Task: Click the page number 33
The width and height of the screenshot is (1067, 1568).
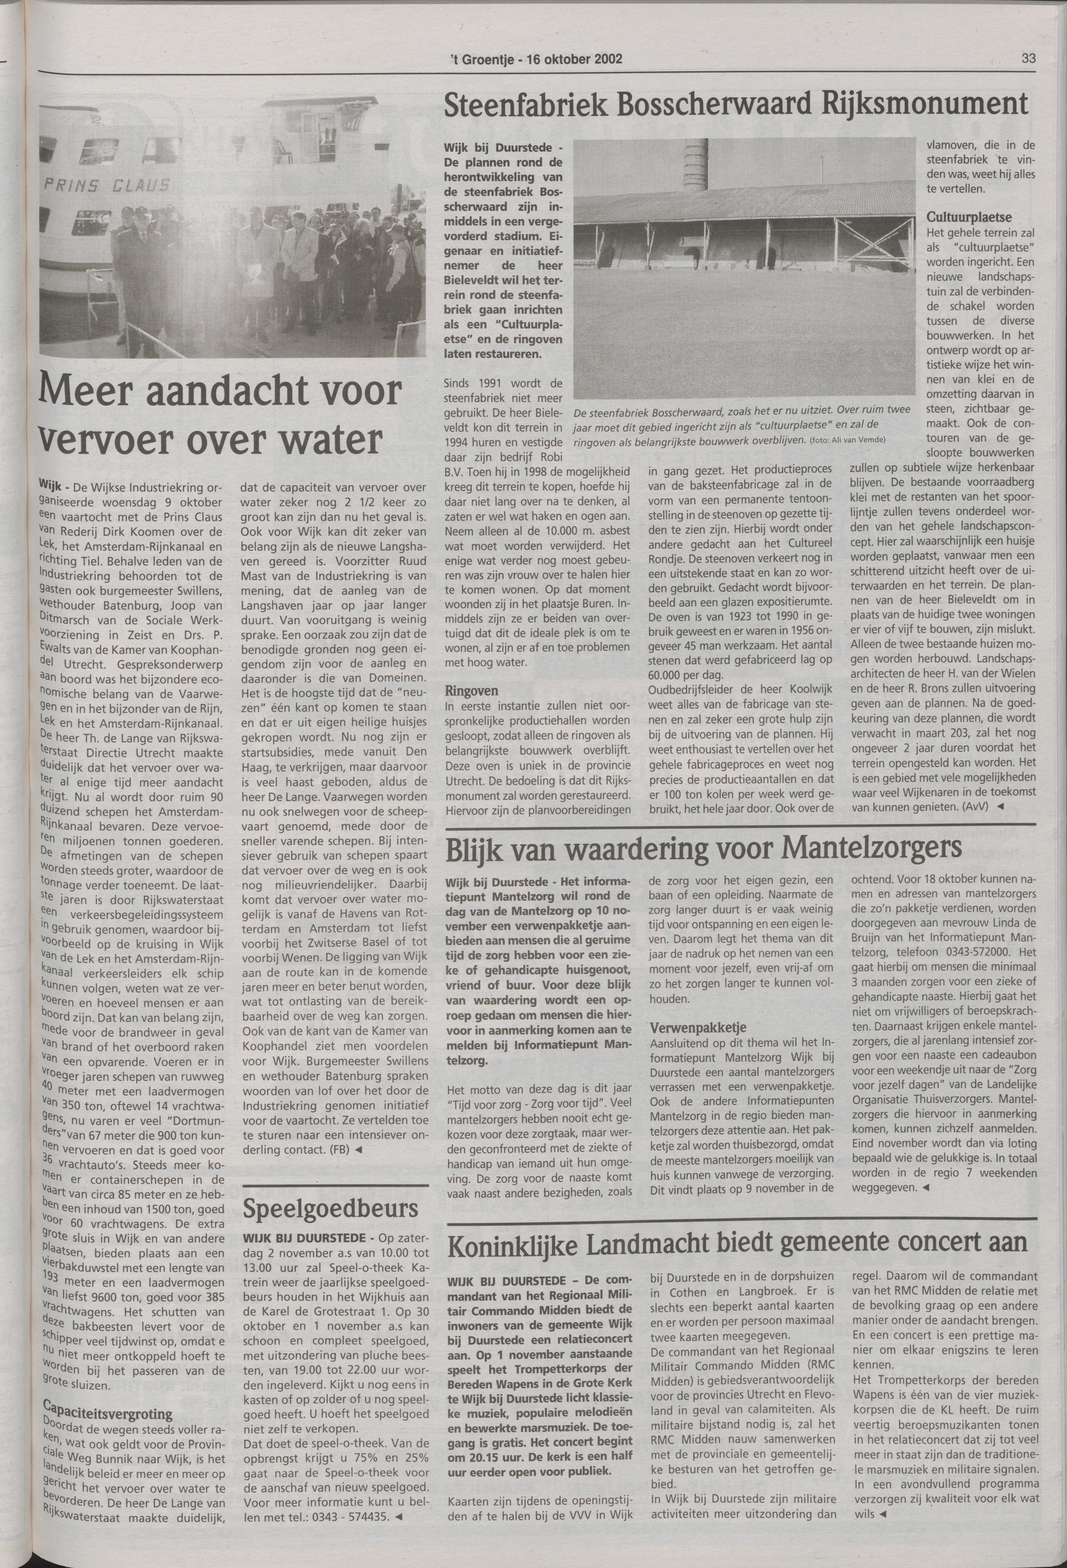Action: pyautogui.click(x=1028, y=58)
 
